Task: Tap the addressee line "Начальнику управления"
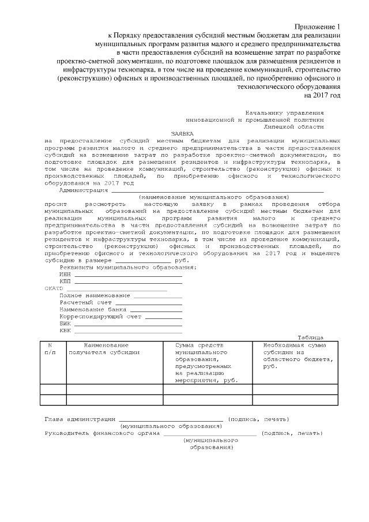284,112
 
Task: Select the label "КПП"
65,281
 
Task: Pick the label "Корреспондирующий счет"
100,316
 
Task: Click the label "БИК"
65,324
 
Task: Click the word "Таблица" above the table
310,337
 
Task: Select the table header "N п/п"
50,348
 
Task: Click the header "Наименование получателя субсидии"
104,348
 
